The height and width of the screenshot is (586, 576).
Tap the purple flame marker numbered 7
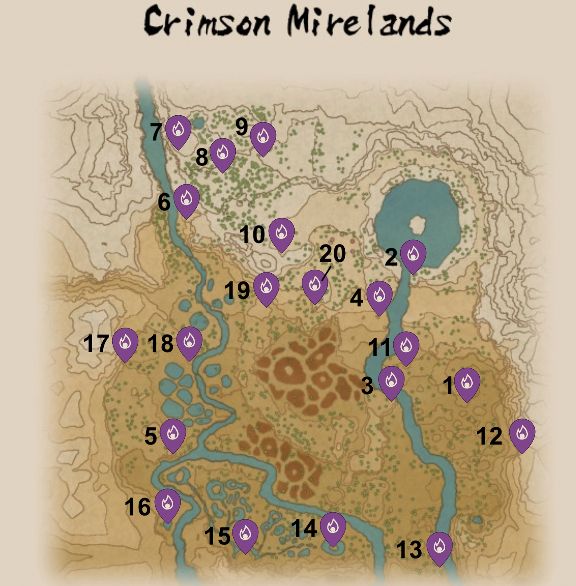(x=178, y=130)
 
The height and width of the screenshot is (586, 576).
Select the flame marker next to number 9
(x=263, y=137)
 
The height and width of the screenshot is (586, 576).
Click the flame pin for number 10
(x=281, y=233)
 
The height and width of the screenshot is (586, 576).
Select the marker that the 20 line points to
(x=315, y=285)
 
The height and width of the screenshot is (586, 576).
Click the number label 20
(x=332, y=253)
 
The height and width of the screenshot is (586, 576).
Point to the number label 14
(x=304, y=528)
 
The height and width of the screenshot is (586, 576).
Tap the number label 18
(x=160, y=344)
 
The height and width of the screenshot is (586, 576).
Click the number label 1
(x=448, y=386)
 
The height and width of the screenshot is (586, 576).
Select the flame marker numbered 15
(x=245, y=535)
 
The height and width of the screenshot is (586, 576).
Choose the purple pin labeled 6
(x=186, y=200)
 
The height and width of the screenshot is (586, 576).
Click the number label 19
(x=237, y=291)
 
